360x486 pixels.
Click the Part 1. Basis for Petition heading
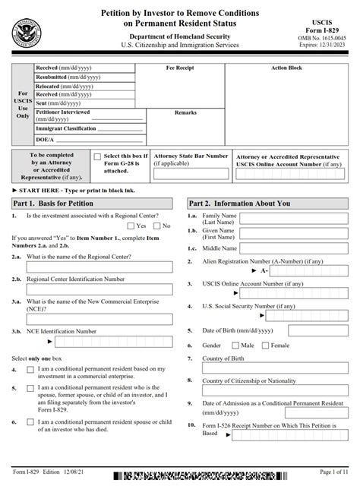(53, 204)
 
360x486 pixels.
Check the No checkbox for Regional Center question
(156, 226)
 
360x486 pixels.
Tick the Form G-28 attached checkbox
(96, 157)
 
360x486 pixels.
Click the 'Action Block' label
(286, 68)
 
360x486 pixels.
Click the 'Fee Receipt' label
(180, 68)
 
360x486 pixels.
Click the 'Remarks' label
(185, 112)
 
